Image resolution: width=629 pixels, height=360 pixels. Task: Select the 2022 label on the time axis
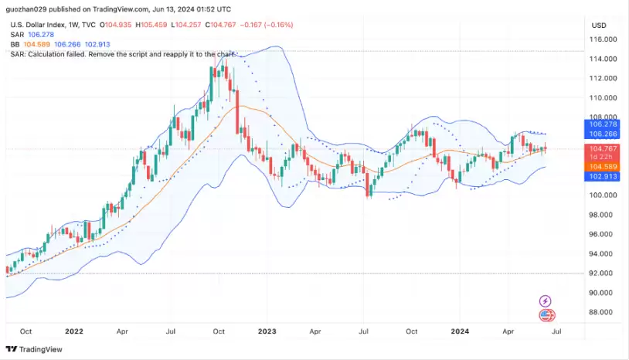tap(74, 331)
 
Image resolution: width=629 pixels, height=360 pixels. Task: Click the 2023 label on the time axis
tap(267, 331)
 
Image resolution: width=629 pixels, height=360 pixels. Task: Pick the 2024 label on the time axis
tap(461, 331)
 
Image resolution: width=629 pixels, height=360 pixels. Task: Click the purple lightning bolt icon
tap(546, 301)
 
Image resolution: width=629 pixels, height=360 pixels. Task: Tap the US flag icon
tap(546, 315)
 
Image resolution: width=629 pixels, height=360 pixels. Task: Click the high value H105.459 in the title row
tap(151, 25)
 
